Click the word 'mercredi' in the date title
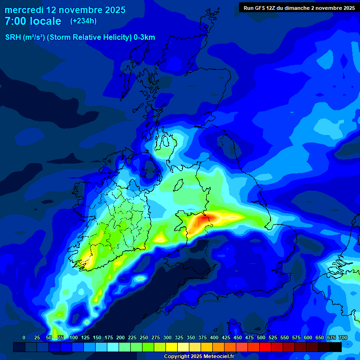[x=23, y=10]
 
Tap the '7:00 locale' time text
[x=33, y=21]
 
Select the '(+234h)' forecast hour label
[x=83, y=21]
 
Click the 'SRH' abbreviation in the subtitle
[x=13, y=37]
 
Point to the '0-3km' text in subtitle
[x=144, y=37]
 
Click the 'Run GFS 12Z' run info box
[x=299, y=7]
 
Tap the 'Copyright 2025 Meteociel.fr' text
[x=199, y=356]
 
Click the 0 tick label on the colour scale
[x=24, y=337]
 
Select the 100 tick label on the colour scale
[x=74, y=337]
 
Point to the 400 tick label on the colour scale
[x=214, y=337]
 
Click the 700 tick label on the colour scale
[x=343, y=337]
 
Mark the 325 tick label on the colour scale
[x=179, y=337]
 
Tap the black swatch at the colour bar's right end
[x=336, y=347]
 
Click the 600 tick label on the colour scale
[x=308, y=337]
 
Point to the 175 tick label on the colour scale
[x=109, y=337]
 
